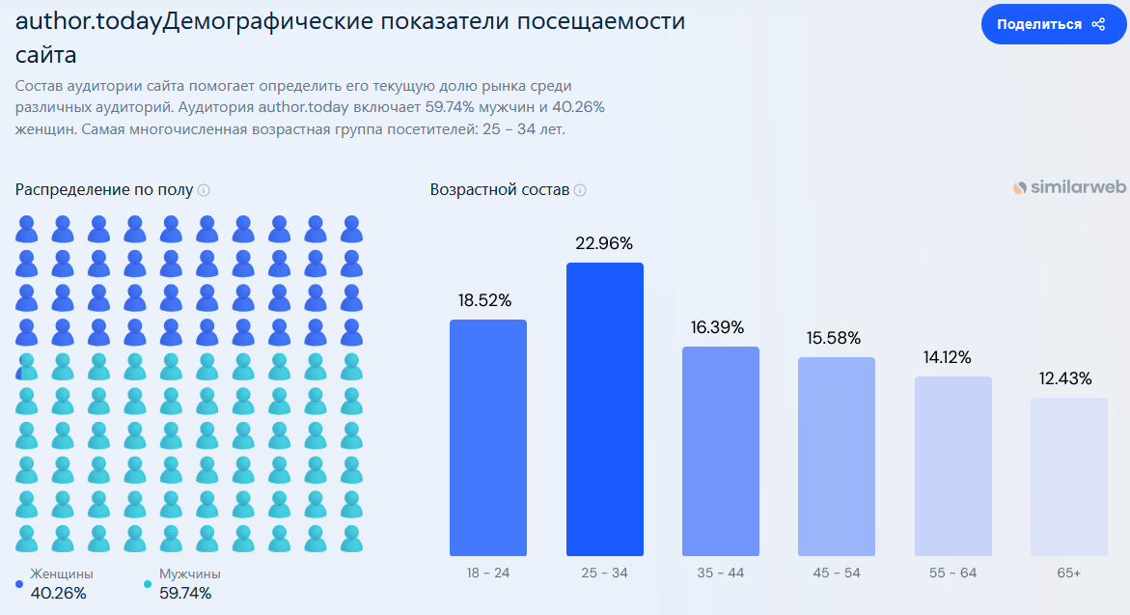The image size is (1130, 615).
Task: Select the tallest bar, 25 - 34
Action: click(x=605, y=409)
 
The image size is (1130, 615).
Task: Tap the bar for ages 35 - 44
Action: click(x=721, y=451)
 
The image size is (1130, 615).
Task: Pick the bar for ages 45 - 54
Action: click(x=837, y=457)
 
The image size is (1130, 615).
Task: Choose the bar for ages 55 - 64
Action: click(x=953, y=466)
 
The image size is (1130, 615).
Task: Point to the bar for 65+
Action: click(x=1069, y=477)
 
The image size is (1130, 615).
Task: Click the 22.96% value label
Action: click(x=604, y=243)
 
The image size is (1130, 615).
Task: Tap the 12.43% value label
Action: click(x=1066, y=378)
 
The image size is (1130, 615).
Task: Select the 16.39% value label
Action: click(x=718, y=327)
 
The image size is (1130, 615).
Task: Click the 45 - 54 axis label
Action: click(x=837, y=573)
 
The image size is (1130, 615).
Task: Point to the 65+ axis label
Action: click(x=1069, y=573)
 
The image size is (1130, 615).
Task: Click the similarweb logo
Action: click(x=1069, y=188)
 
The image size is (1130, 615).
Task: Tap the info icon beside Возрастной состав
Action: click(x=580, y=190)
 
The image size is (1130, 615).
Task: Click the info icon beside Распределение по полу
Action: click(x=204, y=190)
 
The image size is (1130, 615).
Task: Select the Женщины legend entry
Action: click(x=62, y=574)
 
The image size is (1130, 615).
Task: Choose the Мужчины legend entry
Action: click(x=189, y=574)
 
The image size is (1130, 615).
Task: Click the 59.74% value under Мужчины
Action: click(x=185, y=593)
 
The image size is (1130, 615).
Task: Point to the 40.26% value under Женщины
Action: click(x=59, y=593)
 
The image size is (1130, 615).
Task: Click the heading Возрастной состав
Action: click(x=500, y=189)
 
